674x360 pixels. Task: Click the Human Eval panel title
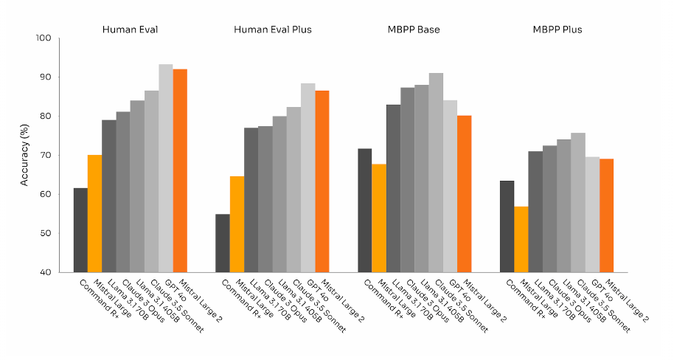(x=130, y=30)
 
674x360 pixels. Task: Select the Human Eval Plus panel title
(x=272, y=30)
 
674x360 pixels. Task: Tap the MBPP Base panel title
(x=414, y=30)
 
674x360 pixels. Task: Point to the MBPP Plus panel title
(x=557, y=30)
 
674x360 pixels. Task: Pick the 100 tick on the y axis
(x=45, y=38)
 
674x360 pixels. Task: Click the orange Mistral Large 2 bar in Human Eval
(x=180, y=170)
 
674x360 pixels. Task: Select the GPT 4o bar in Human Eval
(x=166, y=168)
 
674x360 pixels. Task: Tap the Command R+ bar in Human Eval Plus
(x=223, y=243)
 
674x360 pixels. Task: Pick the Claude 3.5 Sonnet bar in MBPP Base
(x=436, y=173)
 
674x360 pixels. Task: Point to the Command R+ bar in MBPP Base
(x=365, y=211)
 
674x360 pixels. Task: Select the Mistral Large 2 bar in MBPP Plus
(x=606, y=215)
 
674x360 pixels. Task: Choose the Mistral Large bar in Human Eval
(x=94, y=214)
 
